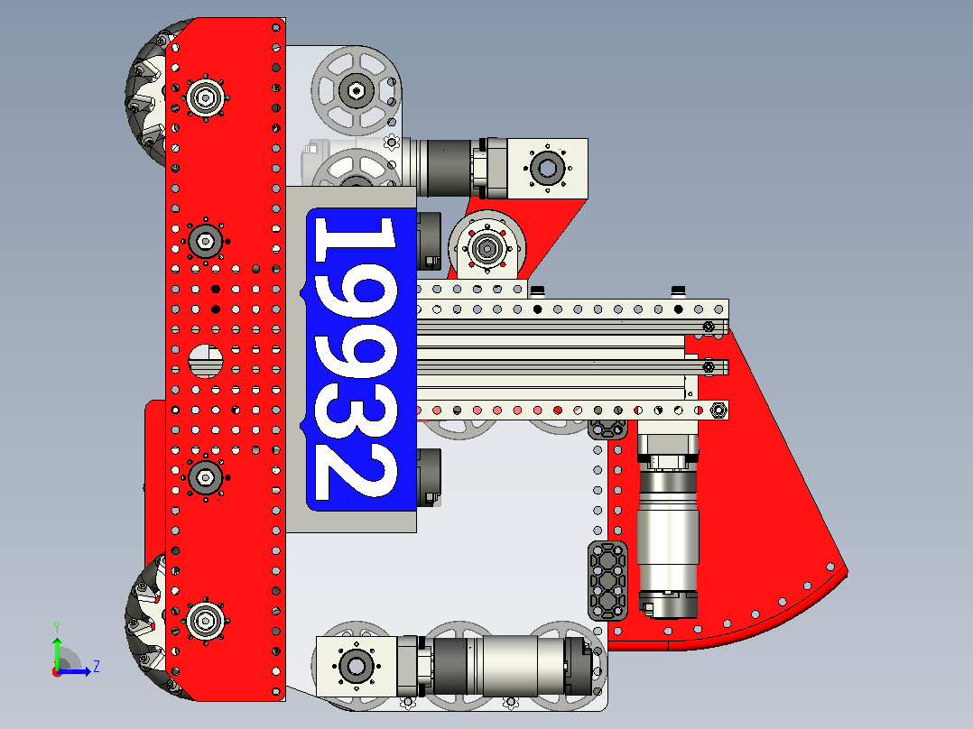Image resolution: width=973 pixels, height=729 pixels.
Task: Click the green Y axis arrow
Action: pos(57,645)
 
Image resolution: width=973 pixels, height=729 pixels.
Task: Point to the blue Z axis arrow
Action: pos(74,671)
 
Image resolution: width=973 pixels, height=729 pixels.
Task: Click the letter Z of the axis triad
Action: pos(97,667)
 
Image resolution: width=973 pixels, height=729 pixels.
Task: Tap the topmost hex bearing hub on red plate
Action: pos(206,97)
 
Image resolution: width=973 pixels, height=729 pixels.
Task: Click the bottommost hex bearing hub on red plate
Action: pos(206,621)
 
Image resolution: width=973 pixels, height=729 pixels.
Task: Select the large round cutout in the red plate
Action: pos(206,361)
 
